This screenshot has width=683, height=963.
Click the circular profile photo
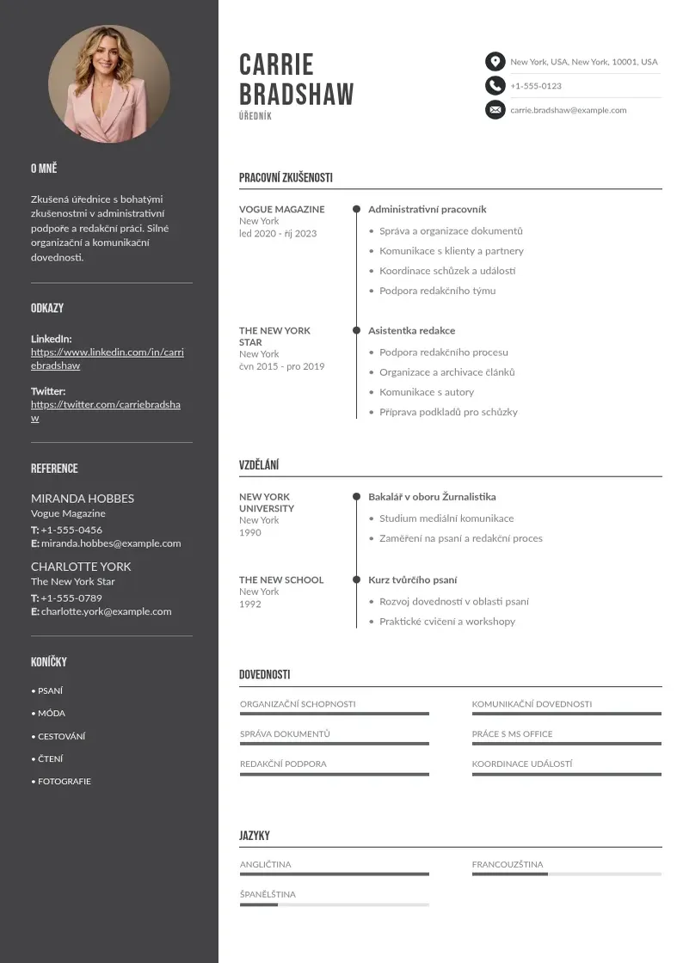tap(109, 83)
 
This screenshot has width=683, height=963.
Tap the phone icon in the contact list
tap(495, 85)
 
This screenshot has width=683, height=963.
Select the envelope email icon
tap(495, 110)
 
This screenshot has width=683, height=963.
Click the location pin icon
tap(495, 61)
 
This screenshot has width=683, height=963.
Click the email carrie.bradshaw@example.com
tap(568, 110)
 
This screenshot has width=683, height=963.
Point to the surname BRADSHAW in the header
tap(296, 94)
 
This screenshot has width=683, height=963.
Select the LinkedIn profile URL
tap(108, 359)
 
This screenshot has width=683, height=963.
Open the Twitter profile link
tap(106, 411)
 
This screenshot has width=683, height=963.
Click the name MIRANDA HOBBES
tap(83, 499)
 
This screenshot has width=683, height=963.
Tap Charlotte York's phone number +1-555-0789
tap(71, 598)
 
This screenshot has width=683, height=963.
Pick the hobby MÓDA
tap(51, 714)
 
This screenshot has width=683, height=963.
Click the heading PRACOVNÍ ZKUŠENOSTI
tap(286, 178)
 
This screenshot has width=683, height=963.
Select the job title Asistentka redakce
tap(411, 331)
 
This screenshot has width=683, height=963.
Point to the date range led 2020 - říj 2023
tap(278, 234)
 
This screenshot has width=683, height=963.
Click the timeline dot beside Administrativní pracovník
tap(356, 209)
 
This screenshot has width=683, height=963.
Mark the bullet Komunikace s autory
tap(427, 392)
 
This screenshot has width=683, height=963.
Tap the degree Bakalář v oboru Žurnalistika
tap(432, 497)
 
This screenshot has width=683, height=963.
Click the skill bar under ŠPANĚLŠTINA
tap(334, 905)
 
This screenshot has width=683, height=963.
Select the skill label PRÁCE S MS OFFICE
tap(512, 734)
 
